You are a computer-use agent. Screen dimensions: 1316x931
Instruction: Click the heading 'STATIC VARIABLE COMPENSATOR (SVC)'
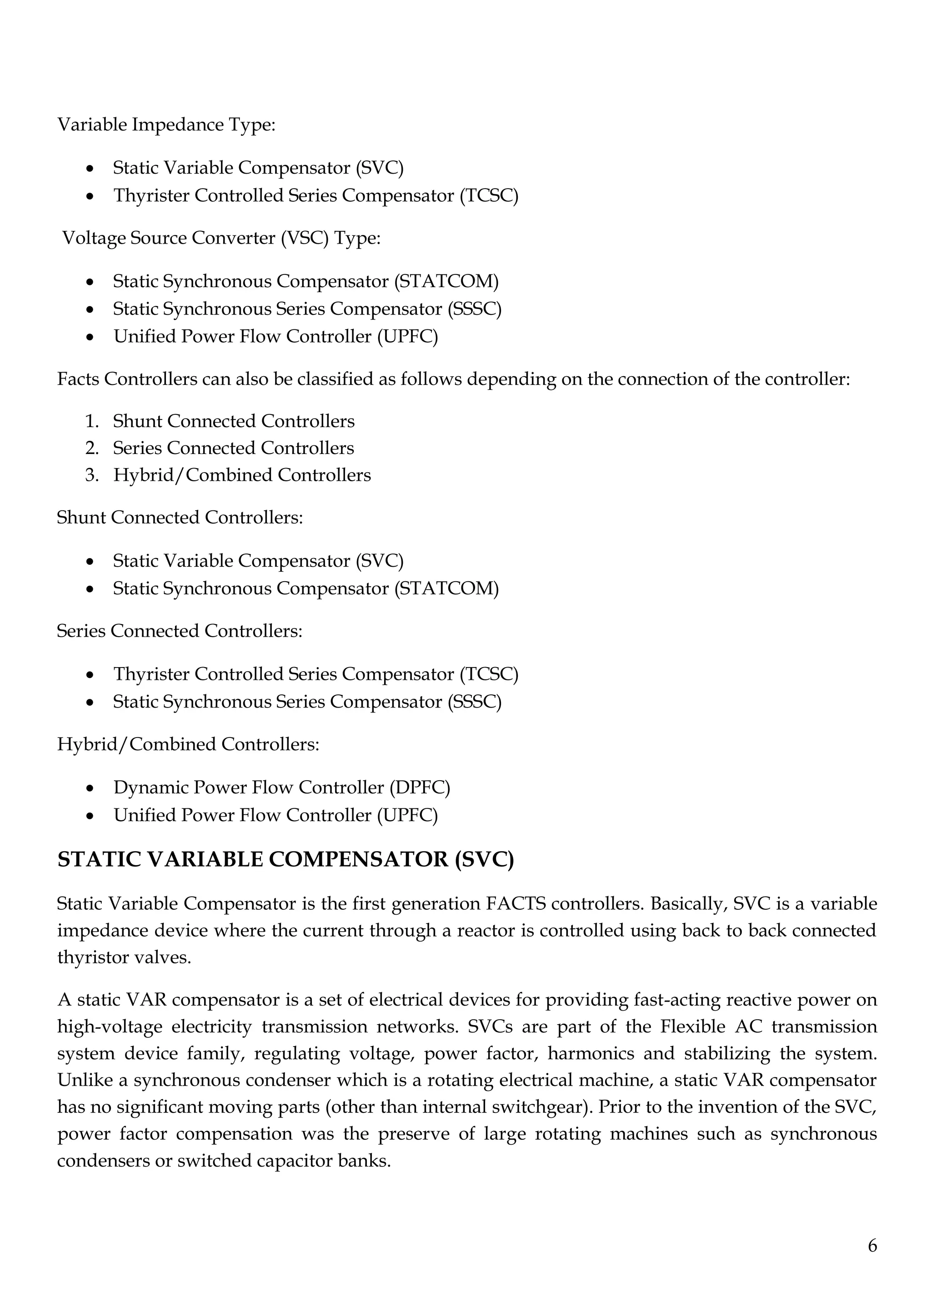pyautogui.click(x=285, y=860)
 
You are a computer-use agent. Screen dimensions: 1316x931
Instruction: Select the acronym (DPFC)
pyautogui.click(x=420, y=788)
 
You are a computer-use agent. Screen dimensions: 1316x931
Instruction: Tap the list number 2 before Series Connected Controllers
pyautogui.click(x=92, y=448)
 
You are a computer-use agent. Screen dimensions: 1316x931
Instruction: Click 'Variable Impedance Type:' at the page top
pyautogui.click(x=166, y=125)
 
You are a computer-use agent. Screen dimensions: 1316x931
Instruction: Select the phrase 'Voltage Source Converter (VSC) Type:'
pyautogui.click(x=221, y=238)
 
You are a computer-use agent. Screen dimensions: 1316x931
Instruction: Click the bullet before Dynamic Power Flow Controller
pyautogui.click(x=90, y=789)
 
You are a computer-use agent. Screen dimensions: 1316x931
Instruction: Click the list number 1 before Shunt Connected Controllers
pyautogui.click(x=92, y=421)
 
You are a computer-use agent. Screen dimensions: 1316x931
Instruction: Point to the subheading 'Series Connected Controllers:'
pyautogui.click(x=180, y=631)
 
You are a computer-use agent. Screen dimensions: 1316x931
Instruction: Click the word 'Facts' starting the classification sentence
pyautogui.click(x=79, y=379)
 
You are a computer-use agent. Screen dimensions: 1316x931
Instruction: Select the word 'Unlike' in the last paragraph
pyautogui.click(x=84, y=1080)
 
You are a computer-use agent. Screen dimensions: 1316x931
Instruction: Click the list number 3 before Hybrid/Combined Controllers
pyautogui.click(x=92, y=475)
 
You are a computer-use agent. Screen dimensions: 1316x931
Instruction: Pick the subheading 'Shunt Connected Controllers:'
pyautogui.click(x=180, y=518)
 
